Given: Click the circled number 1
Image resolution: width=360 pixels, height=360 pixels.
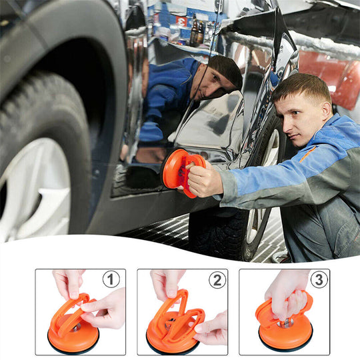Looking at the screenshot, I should pyautogui.click(x=111, y=279).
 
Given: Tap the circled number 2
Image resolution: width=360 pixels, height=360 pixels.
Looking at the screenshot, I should pyautogui.click(x=217, y=279).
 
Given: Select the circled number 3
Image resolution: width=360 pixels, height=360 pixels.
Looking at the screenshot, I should pyautogui.click(x=319, y=279).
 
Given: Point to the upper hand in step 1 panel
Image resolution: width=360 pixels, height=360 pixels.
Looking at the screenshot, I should pyautogui.click(x=68, y=282).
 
